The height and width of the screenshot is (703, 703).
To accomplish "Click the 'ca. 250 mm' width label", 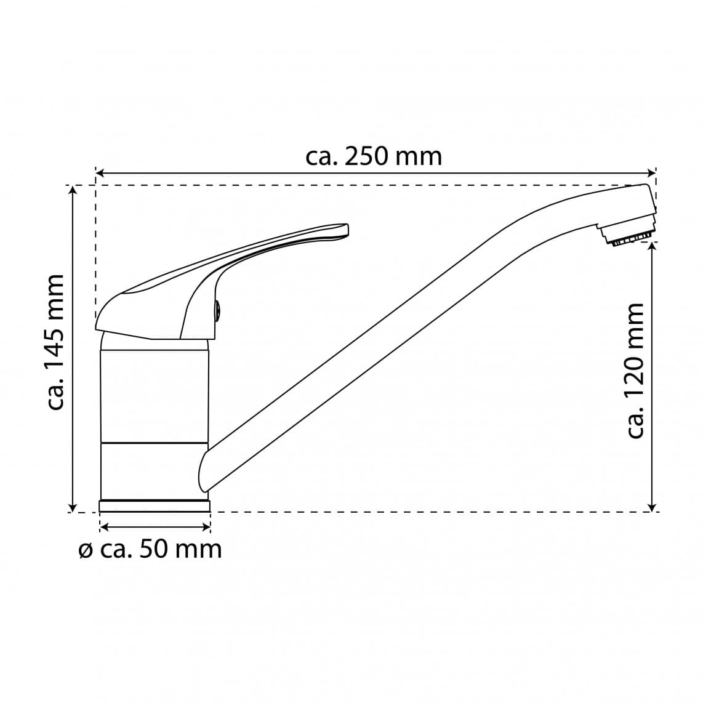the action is pyautogui.click(x=374, y=157).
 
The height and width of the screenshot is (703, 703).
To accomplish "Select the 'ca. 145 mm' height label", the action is pyautogui.click(x=57, y=342).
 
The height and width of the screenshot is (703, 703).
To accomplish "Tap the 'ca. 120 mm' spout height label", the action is pyautogui.click(x=634, y=371).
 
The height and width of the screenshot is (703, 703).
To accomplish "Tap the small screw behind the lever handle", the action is pyautogui.click(x=217, y=310).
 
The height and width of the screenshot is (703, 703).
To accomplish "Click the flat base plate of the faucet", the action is pyautogui.click(x=155, y=506).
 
